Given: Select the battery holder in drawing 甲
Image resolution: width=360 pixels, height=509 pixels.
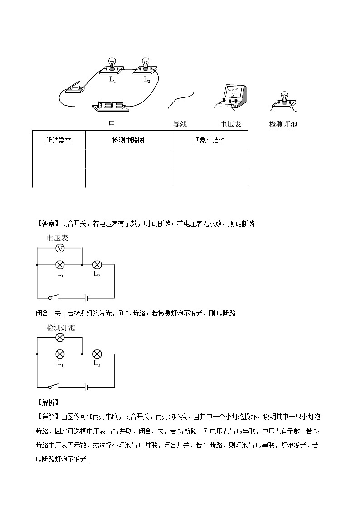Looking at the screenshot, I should click(x=111, y=107).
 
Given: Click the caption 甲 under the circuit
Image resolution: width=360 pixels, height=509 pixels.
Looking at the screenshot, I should click(x=112, y=124).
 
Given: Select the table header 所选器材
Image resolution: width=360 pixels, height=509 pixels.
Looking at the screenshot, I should click(x=58, y=140).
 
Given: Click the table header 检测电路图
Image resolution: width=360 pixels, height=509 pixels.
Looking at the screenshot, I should click(x=128, y=140).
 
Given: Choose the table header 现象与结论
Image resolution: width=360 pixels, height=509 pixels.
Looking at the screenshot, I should click(x=209, y=140).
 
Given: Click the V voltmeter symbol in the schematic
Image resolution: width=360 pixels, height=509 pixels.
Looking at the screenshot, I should click(x=59, y=248).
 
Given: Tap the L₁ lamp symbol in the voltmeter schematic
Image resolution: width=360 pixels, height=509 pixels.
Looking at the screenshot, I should click(x=59, y=264).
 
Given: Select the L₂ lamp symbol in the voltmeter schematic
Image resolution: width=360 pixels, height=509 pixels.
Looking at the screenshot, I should click(x=97, y=264).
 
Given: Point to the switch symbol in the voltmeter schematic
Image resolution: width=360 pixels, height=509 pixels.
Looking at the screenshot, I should click(x=54, y=297).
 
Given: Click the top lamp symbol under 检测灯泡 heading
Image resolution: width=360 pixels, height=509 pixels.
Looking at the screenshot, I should click(x=59, y=337).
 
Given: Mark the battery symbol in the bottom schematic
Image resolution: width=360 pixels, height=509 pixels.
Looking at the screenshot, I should click(x=85, y=387).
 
